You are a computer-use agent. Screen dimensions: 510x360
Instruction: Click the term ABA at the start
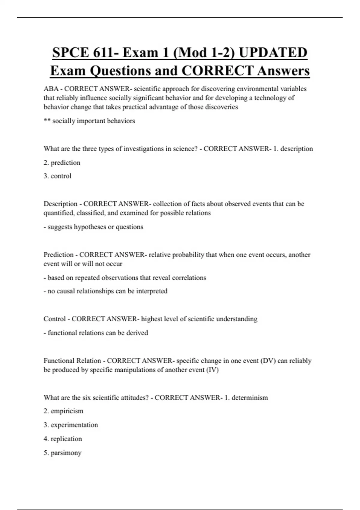point(51,89)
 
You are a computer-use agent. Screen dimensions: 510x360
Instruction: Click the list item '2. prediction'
point(62,163)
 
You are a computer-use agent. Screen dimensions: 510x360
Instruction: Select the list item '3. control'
point(58,176)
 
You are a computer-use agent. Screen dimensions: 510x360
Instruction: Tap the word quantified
point(59,213)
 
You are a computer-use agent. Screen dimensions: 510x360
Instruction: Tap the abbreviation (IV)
point(212,370)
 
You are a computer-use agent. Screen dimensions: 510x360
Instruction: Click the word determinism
point(250,397)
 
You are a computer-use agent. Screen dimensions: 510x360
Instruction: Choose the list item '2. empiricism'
point(64,411)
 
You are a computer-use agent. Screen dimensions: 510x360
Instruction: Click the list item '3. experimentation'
point(71,425)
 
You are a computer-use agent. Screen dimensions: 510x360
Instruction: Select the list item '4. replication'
point(63,439)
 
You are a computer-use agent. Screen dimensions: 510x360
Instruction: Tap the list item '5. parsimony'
point(62,453)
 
